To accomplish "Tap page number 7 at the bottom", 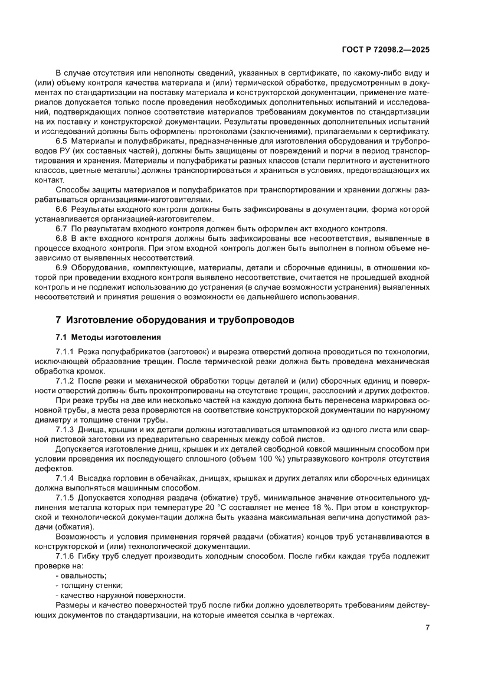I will pyautogui.click(x=427, y=627).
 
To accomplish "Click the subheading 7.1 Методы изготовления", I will pyautogui.click(x=108, y=338).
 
